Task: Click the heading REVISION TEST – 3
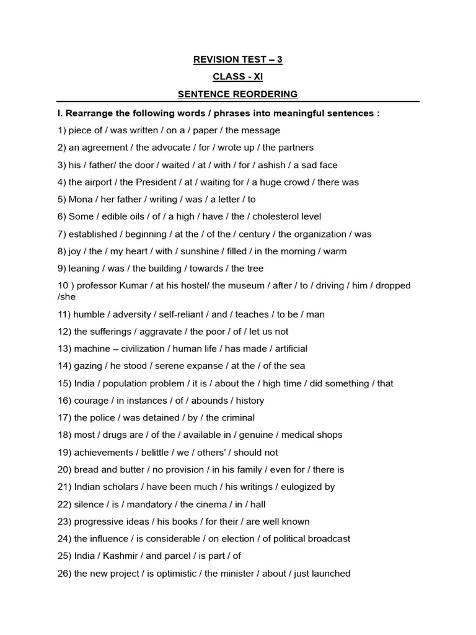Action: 238,60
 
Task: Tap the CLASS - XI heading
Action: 238,77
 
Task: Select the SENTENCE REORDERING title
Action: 238,94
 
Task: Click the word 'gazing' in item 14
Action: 88,366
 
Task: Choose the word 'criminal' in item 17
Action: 235,418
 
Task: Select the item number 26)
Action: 63,574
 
